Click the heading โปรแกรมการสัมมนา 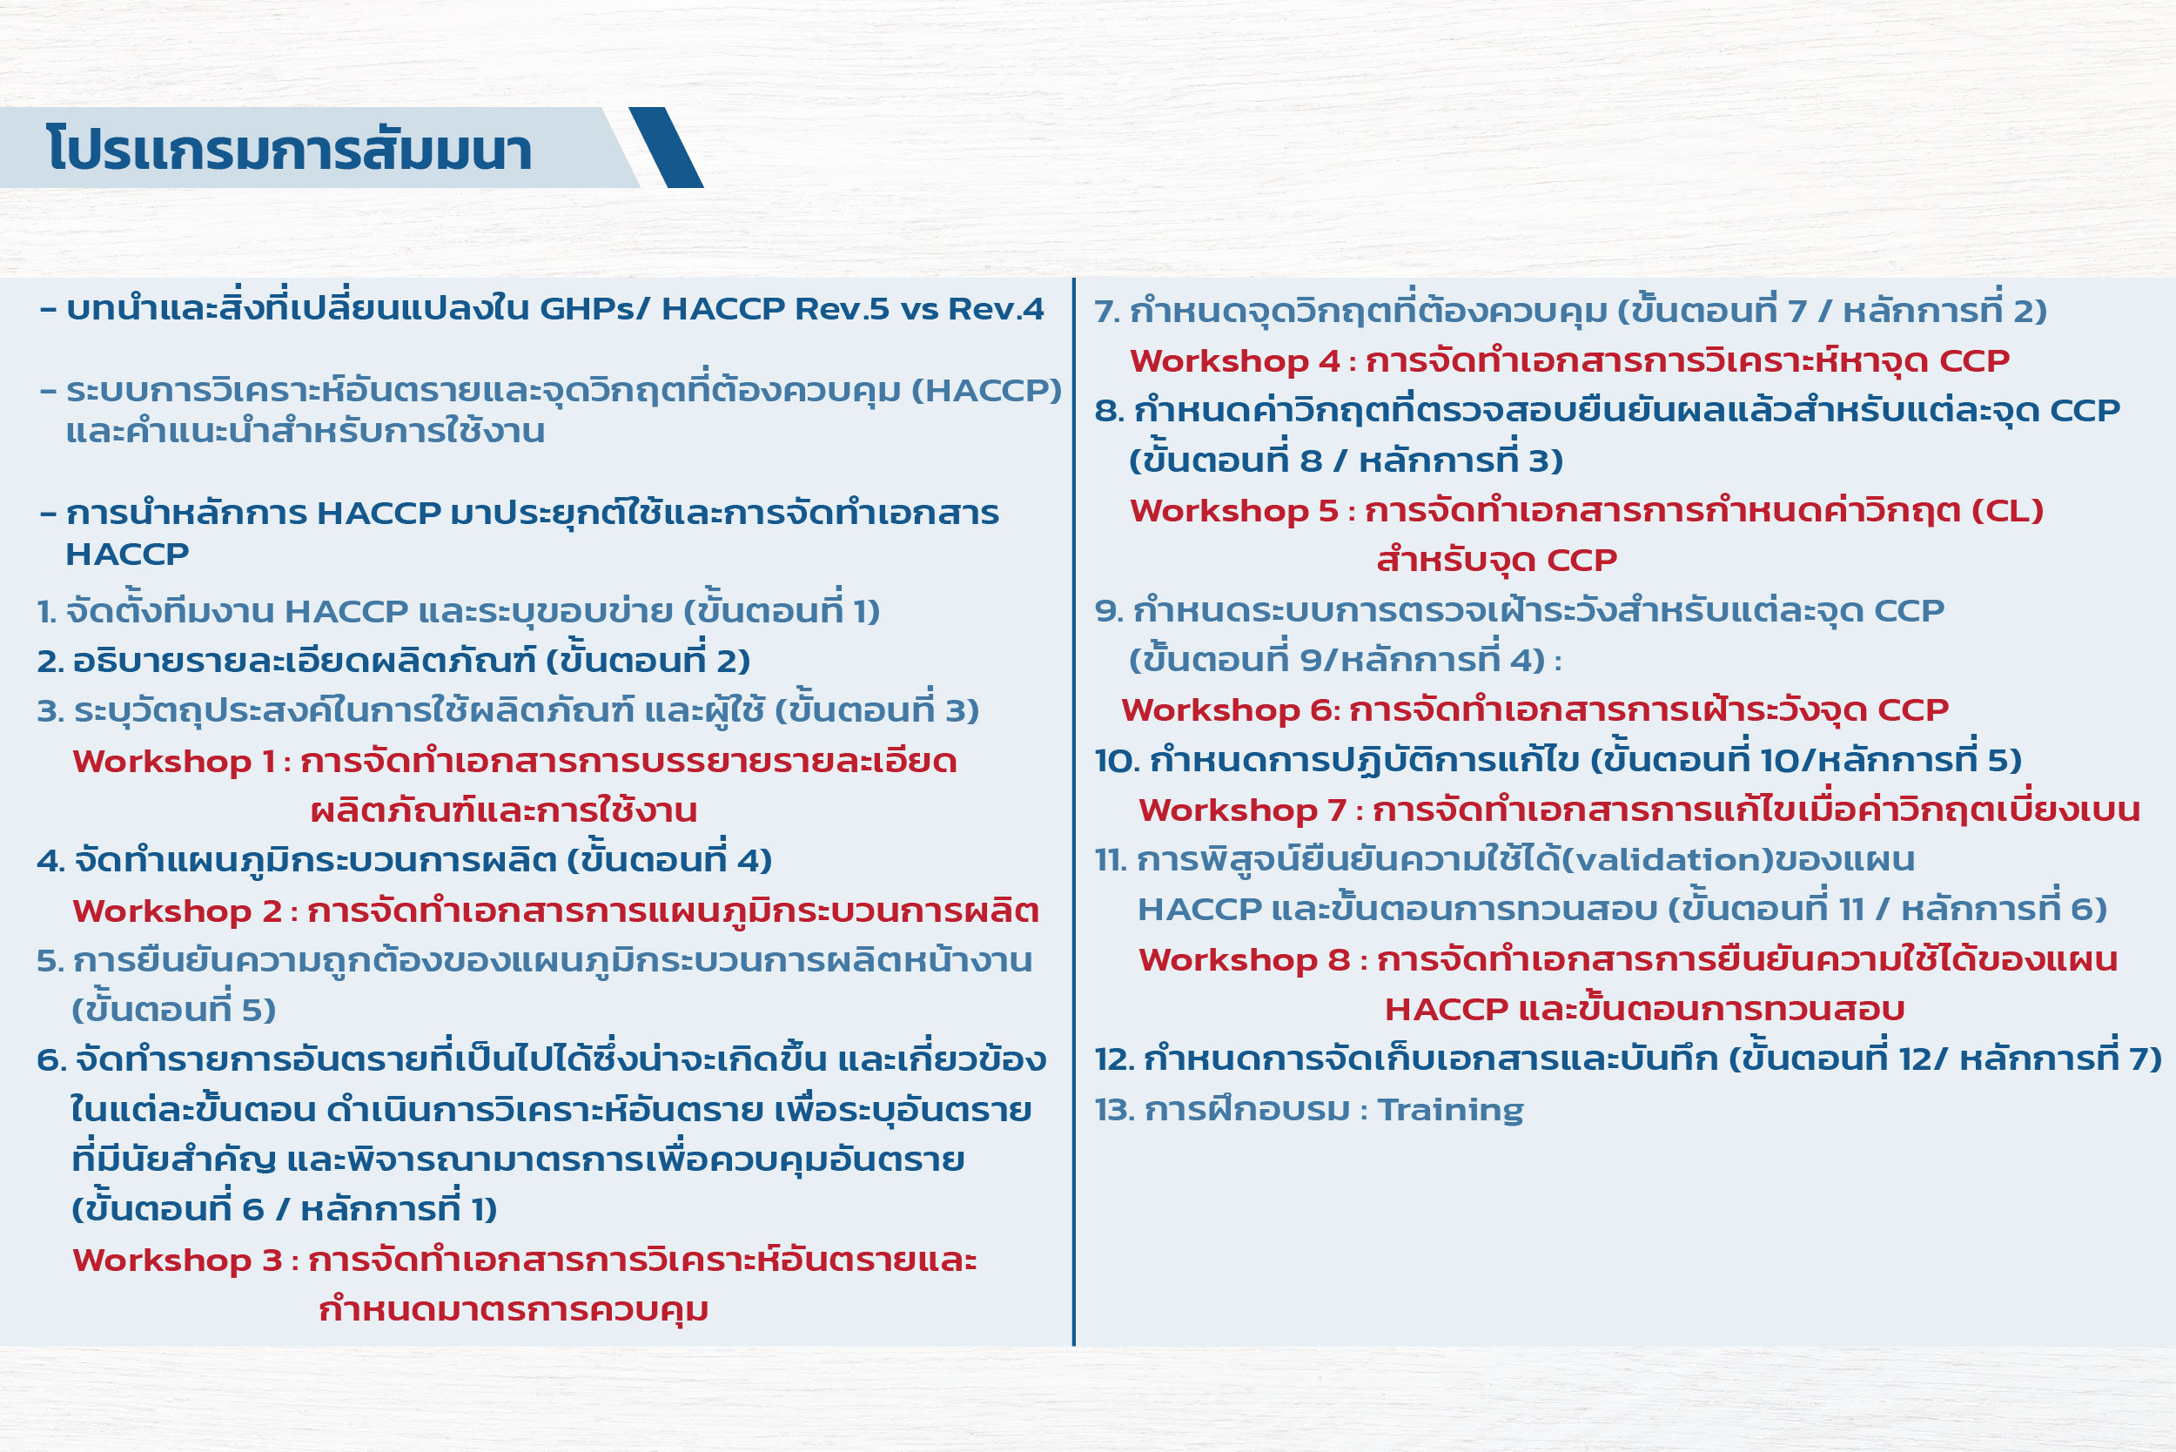pyautogui.click(x=289, y=148)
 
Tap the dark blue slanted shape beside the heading pyautogui.click(x=666, y=147)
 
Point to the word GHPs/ pyautogui.click(x=594, y=308)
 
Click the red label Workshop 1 pyautogui.click(x=174, y=761)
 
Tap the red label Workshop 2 pyautogui.click(x=177, y=911)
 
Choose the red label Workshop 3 pyautogui.click(x=177, y=1260)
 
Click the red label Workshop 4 pyautogui.click(x=1234, y=361)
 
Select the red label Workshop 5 pyautogui.click(x=1234, y=511)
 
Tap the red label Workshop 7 pyautogui.click(x=1243, y=810)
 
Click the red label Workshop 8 pyautogui.click(x=1245, y=960)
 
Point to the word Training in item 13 pyautogui.click(x=1450, y=1109)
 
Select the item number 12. pyautogui.click(x=1114, y=1059)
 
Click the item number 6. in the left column pyautogui.click(x=50, y=1060)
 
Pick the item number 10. pyautogui.click(x=1117, y=761)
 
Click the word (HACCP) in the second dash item pyautogui.click(x=986, y=391)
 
